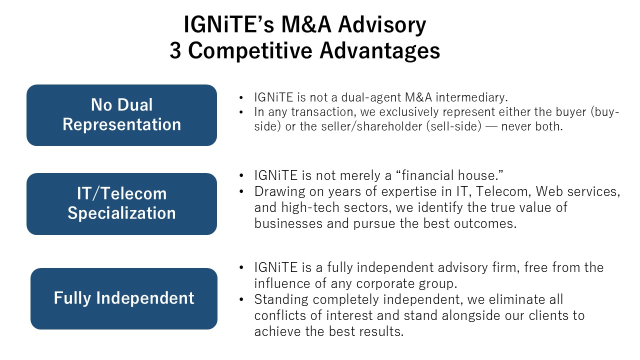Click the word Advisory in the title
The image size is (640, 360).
(382, 25)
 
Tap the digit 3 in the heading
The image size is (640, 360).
(175, 50)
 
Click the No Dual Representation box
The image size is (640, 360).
(121, 115)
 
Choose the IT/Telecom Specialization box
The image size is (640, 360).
(121, 204)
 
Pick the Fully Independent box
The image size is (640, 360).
(124, 298)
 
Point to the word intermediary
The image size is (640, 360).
(471, 97)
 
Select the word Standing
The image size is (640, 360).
(281, 299)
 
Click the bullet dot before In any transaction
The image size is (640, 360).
(241, 112)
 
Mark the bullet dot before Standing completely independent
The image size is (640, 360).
(241, 299)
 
